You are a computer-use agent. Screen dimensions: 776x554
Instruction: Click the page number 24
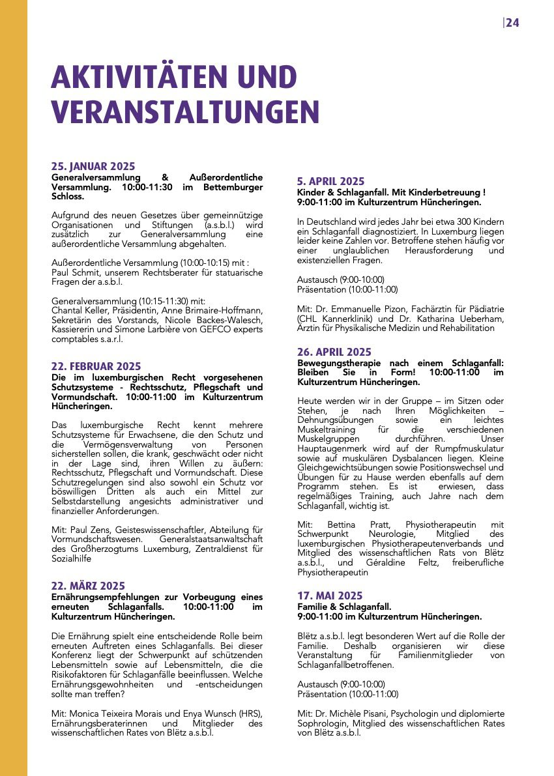coord(512,23)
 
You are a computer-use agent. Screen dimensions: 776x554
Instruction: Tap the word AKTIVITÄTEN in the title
coord(143,78)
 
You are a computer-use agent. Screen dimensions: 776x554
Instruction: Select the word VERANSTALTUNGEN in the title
coord(185,111)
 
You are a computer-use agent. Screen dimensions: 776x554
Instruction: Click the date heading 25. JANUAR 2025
coord(93,166)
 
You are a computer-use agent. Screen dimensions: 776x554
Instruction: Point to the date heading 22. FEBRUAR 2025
coord(96,366)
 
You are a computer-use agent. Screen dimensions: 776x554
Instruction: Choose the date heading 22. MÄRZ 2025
coord(88,586)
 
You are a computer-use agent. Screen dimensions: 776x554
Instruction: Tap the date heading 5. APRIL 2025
coord(330,181)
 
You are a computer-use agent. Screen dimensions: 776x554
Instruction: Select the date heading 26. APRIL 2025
coord(334,352)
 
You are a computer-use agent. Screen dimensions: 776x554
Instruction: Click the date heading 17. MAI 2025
coord(330,596)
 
